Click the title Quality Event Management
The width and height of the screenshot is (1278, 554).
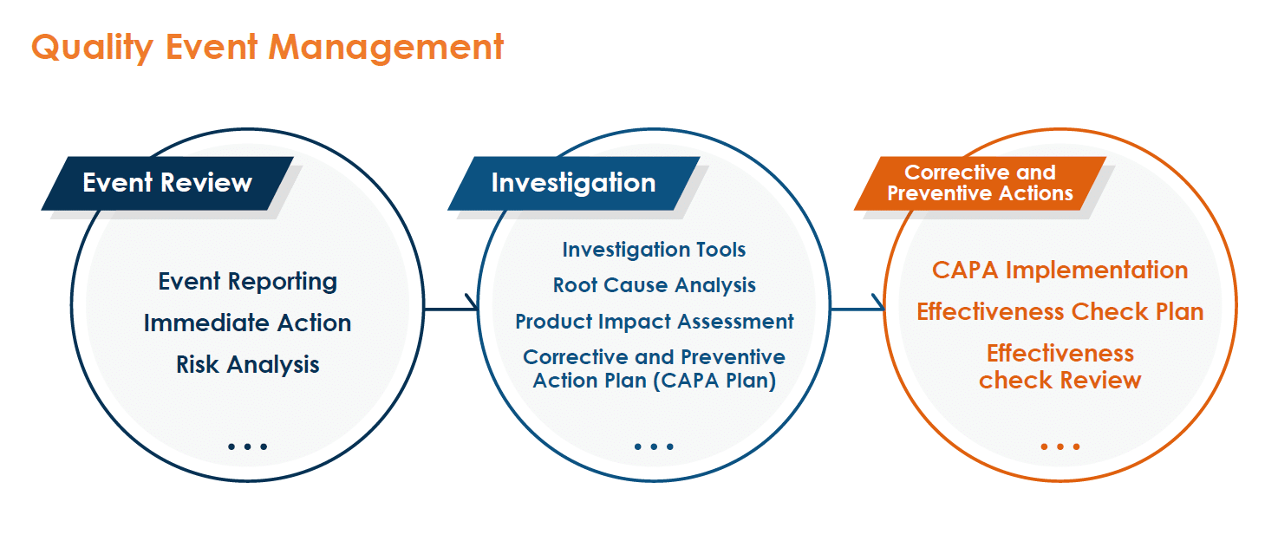coord(268,48)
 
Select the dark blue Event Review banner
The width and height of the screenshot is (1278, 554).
coord(167,183)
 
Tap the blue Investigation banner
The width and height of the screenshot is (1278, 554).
coord(573,183)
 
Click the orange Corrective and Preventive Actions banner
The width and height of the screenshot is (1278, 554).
coord(980,183)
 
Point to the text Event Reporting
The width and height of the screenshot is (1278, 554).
coord(248,282)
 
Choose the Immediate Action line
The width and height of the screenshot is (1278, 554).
coord(248,323)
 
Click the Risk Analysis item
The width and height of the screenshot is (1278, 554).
coord(248,365)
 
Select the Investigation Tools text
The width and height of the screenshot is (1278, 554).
coord(654,250)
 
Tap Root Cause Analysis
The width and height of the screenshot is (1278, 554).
coord(654,285)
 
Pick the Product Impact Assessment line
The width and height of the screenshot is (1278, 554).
coord(654,322)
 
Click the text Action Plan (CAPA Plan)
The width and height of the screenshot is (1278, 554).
coord(654,381)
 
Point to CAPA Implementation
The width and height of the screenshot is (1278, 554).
coord(1060,270)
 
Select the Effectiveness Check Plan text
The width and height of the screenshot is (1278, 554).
coord(1060,312)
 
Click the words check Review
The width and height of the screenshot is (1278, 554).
coord(1060,380)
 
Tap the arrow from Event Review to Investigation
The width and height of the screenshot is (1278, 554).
coord(451,309)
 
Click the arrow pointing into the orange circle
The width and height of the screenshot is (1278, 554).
coord(857,309)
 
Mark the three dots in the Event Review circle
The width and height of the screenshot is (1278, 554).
coord(248,446)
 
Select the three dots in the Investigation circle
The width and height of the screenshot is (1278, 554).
coord(654,446)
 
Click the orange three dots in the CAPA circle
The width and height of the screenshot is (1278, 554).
coord(1060,446)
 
